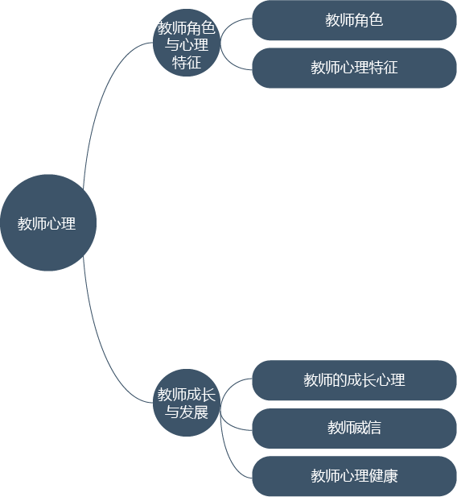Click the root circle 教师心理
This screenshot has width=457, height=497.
click(48, 222)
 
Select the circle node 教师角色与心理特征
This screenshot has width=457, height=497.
click(187, 43)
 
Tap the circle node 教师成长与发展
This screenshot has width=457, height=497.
click(187, 403)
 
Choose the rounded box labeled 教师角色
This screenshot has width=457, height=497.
click(354, 20)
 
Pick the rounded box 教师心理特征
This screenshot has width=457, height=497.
click(354, 68)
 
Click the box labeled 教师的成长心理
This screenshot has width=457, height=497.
click(354, 380)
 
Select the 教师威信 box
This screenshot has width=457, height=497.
click(354, 429)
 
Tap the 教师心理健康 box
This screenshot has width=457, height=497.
click(354, 476)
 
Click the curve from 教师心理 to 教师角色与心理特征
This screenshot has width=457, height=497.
click(102, 95)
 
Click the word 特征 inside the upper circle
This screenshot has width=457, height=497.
click(187, 62)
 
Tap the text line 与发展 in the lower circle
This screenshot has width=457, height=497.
click(187, 412)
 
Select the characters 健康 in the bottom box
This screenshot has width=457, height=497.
click(383, 476)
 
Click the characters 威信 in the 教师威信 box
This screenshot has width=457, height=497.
click(368, 428)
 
